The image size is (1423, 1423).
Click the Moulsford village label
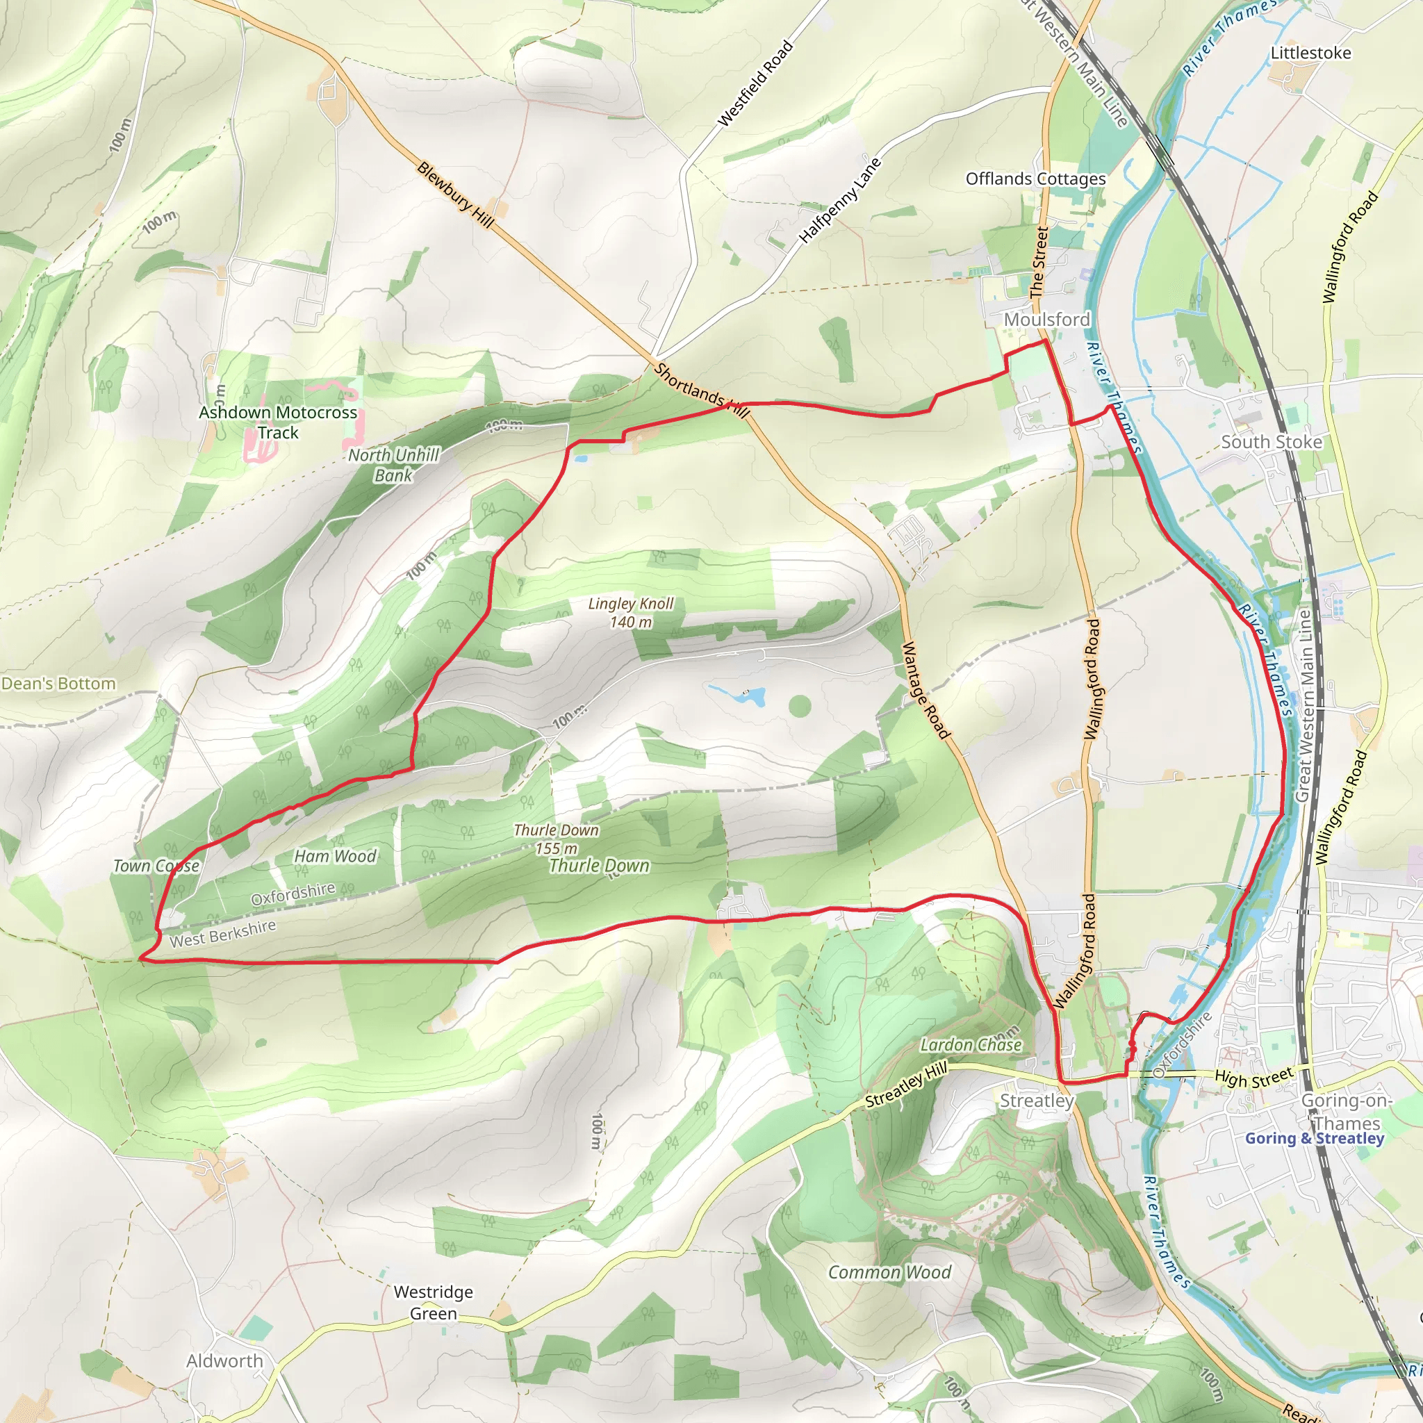point(1046,320)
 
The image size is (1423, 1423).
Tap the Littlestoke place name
point(1311,53)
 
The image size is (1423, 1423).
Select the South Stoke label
point(1272,442)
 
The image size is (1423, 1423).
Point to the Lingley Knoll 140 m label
point(631,613)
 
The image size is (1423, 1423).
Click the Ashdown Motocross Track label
point(278,422)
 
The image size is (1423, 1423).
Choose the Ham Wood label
point(335,856)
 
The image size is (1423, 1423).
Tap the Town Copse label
point(156,866)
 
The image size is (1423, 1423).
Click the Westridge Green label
point(433,1302)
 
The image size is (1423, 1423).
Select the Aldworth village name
point(224,1361)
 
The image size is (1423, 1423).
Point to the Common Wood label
point(890,1272)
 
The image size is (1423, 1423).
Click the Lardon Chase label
point(971,1044)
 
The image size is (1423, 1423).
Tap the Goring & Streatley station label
point(1315,1138)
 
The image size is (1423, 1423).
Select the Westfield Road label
point(755,83)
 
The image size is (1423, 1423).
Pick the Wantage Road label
point(925,690)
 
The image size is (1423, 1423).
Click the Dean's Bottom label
point(58,684)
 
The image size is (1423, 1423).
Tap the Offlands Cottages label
point(1035,179)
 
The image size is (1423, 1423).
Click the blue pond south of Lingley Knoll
point(739,695)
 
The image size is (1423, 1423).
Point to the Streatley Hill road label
point(905,1086)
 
